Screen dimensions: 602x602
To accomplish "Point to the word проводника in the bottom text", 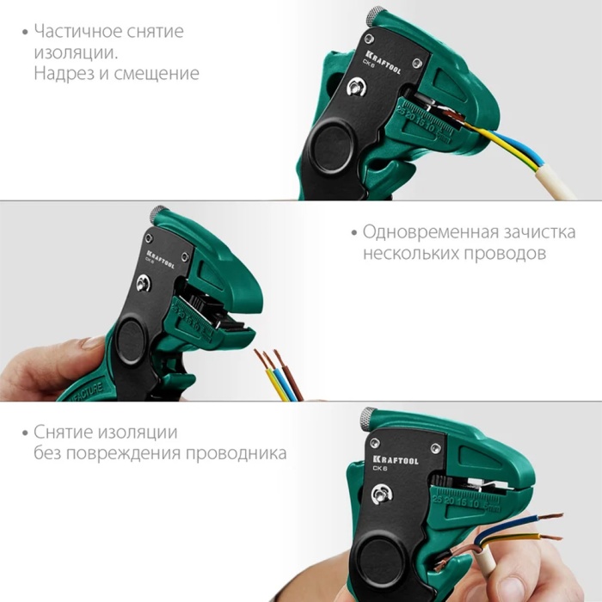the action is pos(236,453).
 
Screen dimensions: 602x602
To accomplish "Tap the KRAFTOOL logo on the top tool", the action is pos(383,62).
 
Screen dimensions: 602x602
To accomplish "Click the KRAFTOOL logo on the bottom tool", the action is pos(396,460).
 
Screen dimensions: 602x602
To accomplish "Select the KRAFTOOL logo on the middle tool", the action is pos(160,259).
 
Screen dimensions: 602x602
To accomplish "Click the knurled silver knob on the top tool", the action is pos(375,16).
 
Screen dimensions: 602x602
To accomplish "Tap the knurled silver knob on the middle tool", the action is pos(158,214).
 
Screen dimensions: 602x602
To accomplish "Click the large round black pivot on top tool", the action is pos(330,146).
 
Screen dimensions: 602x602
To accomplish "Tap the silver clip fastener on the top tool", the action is pos(356,88).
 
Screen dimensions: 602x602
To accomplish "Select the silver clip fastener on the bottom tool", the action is pos(382,494).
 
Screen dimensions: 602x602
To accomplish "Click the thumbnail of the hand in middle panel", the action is pos(92,342).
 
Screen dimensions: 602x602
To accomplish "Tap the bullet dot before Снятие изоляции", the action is pos(25,433).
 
